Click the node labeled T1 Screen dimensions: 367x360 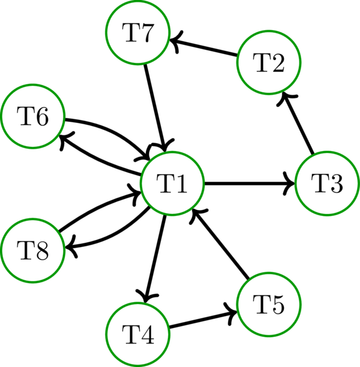coord(172,184)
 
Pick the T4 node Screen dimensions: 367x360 coord(137,334)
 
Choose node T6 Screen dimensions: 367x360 coord(32,117)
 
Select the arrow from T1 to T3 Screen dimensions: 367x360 coord(250,184)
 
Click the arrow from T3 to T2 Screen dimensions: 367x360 coord(299,124)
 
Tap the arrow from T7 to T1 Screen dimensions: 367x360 coord(155,108)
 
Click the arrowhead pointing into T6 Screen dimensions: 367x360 coord(62,139)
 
